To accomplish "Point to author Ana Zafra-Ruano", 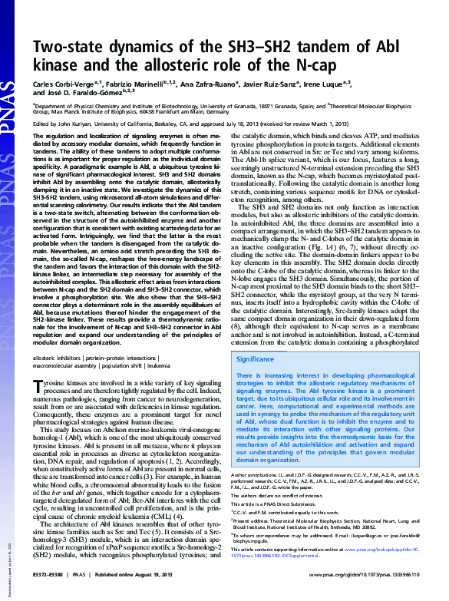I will click(x=199, y=80).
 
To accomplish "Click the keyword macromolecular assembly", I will click(x=67, y=367).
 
